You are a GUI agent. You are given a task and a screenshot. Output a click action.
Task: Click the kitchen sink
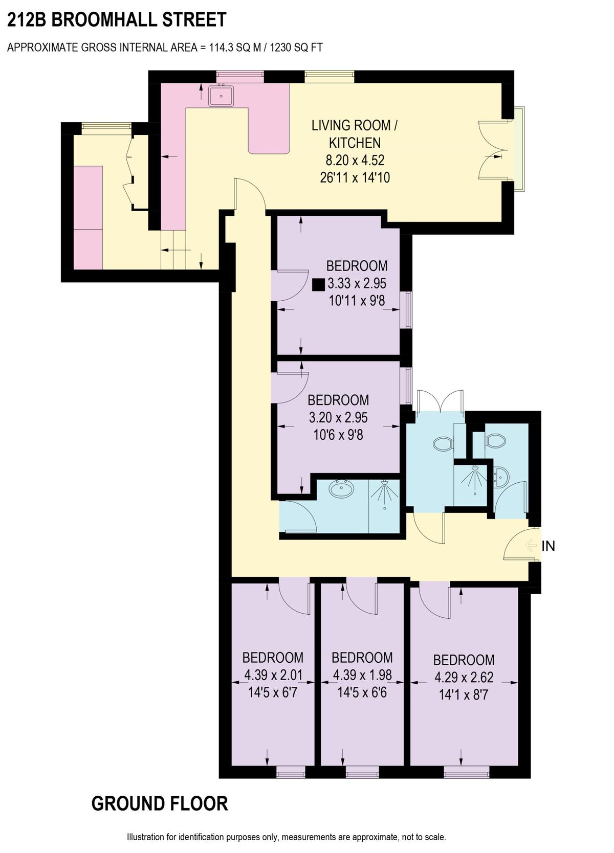tap(221, 95)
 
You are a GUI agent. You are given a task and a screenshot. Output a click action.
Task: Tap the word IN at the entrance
tap(548, 546)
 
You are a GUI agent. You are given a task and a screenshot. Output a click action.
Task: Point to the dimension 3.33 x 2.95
tap(357, 283)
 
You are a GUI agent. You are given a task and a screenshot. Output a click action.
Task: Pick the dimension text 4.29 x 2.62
tap(464, 677)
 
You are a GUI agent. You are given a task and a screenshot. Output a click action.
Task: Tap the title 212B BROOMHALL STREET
tap(117, 19)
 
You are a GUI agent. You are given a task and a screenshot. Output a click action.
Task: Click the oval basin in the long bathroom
tap(342, 488)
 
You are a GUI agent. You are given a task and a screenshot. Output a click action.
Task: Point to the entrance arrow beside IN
tap(531, 546)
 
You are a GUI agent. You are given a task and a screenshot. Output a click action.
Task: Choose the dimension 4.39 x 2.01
tap(273, 675)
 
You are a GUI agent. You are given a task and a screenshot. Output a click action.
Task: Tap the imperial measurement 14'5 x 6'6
tap(362, 692)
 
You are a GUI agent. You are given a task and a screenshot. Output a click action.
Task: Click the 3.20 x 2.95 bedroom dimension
tap(338, 417)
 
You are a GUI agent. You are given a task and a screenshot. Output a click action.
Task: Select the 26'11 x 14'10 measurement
tap(355, 177)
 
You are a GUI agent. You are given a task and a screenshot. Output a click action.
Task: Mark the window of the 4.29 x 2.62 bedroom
tap(466, 773)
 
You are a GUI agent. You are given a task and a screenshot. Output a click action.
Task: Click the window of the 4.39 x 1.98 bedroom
tap(362, 773)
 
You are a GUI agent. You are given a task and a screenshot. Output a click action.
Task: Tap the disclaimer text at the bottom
tap(286, 837)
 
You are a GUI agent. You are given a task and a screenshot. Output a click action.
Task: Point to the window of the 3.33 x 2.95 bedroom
tap(408, 310)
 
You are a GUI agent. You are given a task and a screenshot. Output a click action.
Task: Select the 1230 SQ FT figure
tap(296, 48)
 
